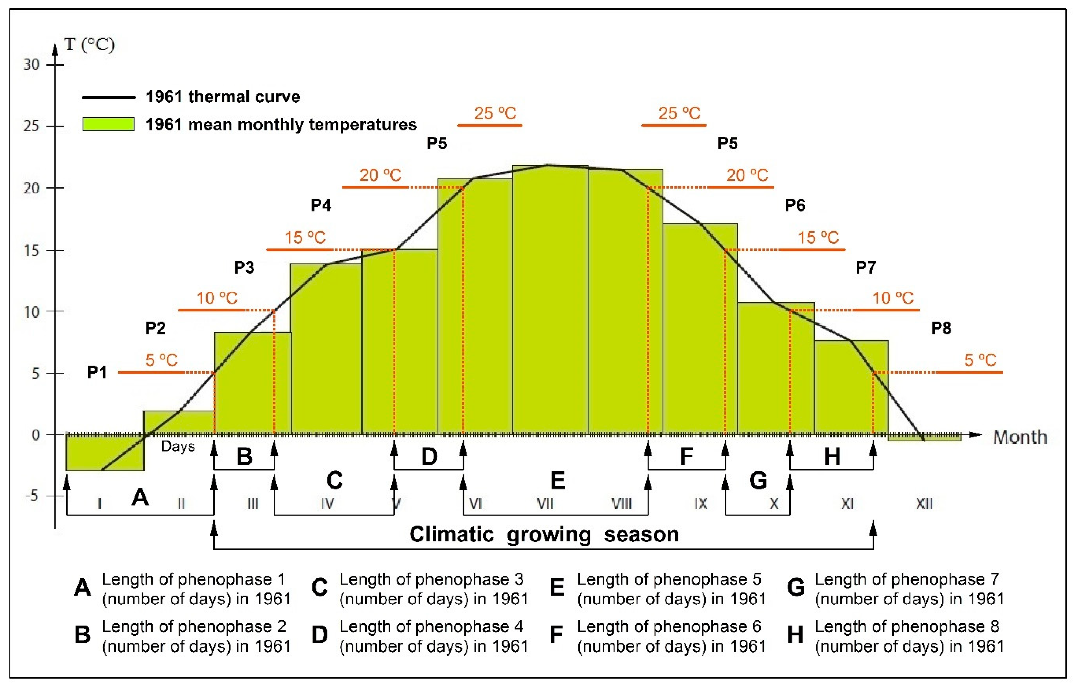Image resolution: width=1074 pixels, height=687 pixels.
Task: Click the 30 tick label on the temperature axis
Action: tap(31, 65)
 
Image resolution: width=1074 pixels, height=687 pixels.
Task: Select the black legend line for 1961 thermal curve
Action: tap(108, 97)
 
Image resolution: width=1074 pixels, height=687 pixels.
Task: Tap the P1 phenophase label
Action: tap(97, 372)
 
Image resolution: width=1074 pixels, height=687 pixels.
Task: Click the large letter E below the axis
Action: tap(558, 481)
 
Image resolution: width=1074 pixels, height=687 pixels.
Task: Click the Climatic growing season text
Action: tap(544, 534)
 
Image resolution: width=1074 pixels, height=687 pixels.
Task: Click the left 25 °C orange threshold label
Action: tap(495, 113)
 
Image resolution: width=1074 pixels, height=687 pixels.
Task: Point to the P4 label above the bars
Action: tap(320, 205)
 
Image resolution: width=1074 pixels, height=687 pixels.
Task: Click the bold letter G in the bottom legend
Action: tap(795, 588)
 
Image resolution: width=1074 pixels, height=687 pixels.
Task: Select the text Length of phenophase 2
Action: tap(194, 626)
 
